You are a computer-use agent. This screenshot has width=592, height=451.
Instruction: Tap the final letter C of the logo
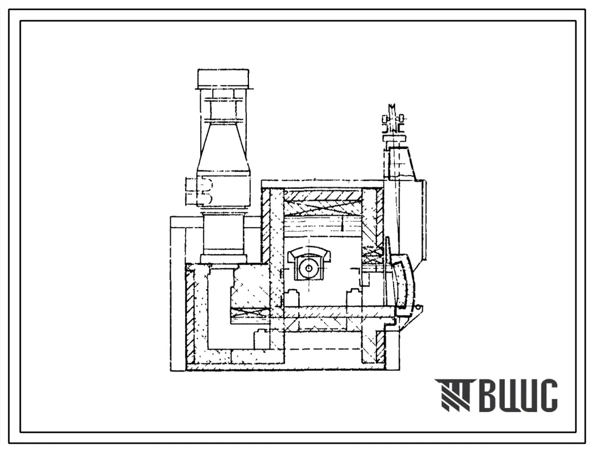click(548, 395)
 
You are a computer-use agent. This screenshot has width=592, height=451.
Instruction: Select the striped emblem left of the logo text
click(454, 395)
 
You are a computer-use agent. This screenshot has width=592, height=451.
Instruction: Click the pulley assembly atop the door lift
click(393, 120)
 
